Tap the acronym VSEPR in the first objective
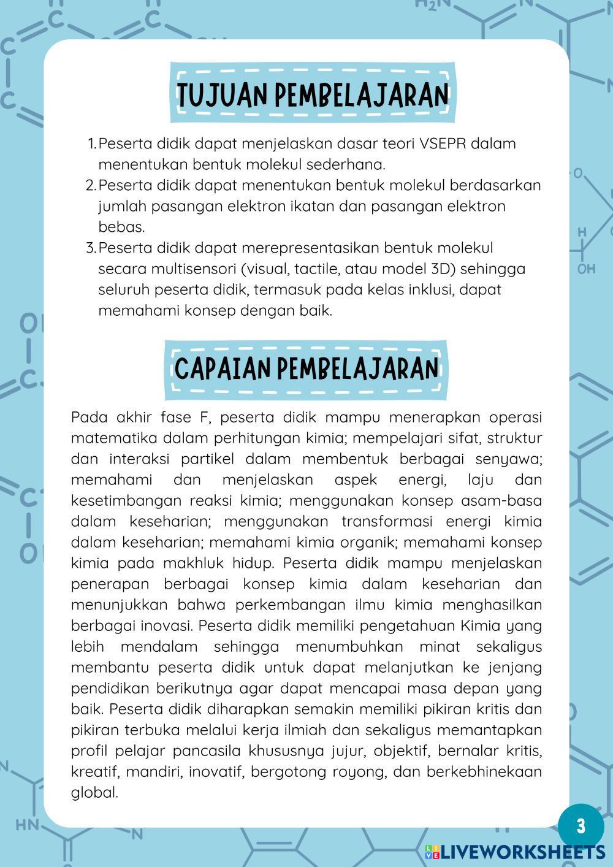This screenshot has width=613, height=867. (x=443, y=143)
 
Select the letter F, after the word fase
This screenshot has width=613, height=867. (x=204, y=418)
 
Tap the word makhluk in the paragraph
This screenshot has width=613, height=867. (x=199, y=563)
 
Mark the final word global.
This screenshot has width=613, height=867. (x=94, y=793)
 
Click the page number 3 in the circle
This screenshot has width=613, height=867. (x=581, y=825)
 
